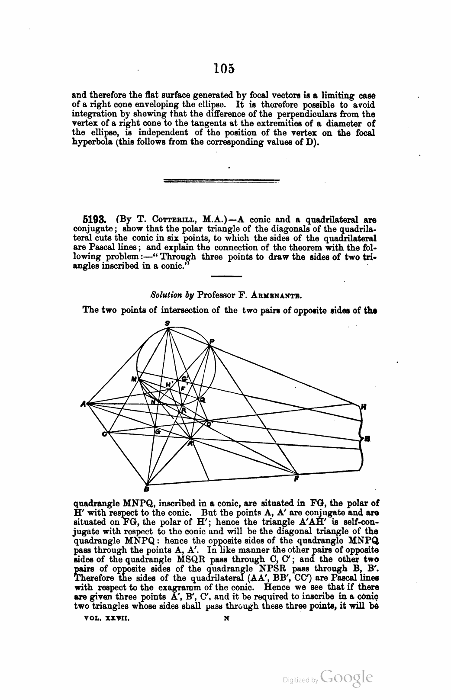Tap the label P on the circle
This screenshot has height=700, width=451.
click(x=212, y=340)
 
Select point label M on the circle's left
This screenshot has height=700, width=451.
click(x=134, y=379)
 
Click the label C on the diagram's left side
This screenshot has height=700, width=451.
click(x=104, y=434)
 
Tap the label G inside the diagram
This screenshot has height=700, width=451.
click(x=157, y=432)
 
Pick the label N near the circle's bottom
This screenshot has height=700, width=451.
click(x=153, y=401)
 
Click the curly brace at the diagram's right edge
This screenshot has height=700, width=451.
click(x=361, y=438)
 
